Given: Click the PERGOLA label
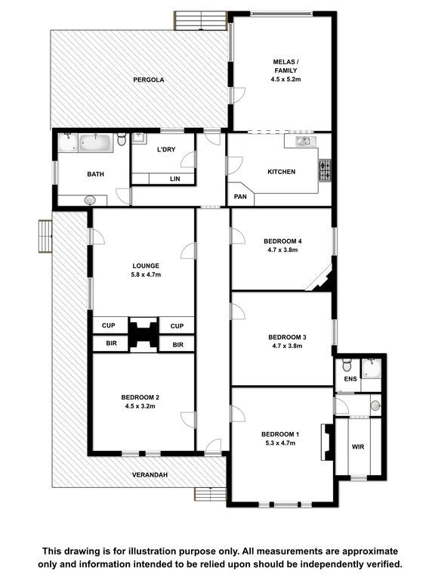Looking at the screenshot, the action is coord(148,79).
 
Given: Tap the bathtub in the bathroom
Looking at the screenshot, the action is coord(96,143).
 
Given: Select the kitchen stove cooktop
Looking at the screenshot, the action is coord(325,170).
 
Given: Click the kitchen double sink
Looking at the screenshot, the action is coord(305,141).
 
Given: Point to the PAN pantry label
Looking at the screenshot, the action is coord(240,197).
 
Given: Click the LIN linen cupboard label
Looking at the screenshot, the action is coord(175,179).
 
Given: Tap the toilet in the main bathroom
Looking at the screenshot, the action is coord(122,140).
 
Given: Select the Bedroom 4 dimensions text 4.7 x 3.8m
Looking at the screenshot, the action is coord(282,250).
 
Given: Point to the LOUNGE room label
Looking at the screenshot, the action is coord(146,266).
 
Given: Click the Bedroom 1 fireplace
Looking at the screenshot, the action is coord(327,442).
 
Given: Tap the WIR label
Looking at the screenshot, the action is coord(357,447).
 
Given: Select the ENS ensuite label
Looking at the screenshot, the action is coord(350,379).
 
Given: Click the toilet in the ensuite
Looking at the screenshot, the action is coord(347,365).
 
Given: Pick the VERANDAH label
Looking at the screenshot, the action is coord(150,474).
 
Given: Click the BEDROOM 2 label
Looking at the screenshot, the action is coord(140,397).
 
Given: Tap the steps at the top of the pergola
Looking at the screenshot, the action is coord(200,20).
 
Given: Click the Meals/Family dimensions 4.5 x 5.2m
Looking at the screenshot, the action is coord(285,79).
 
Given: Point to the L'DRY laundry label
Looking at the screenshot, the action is coord(166,150).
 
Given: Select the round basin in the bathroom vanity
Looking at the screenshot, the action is coord(90,200).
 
